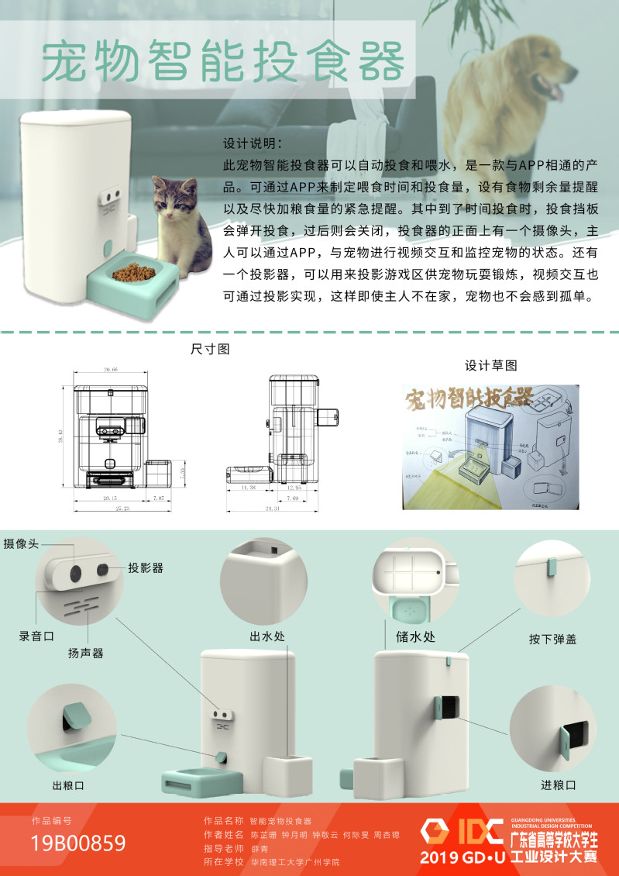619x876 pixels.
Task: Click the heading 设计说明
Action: pyautogui.click(x=253, y=145)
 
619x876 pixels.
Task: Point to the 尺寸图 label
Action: pyautogui.click(x=210, y=349)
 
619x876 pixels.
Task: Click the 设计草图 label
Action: pyautogui.click(x=490, y=364)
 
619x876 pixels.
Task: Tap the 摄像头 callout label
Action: pyautogui.click(x=21, y=544)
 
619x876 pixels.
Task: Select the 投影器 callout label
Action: pyautogui.click(x=146, y=567)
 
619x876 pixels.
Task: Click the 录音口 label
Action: pyautogui.click(x=36, y=636)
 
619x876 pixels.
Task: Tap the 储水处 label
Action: pyautogui.click(x=403, y=638)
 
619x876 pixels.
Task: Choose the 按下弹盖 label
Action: pyautogui.click(x=552, y=640)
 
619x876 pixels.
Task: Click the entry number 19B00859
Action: pyautogui.click(x=78, y=843)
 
